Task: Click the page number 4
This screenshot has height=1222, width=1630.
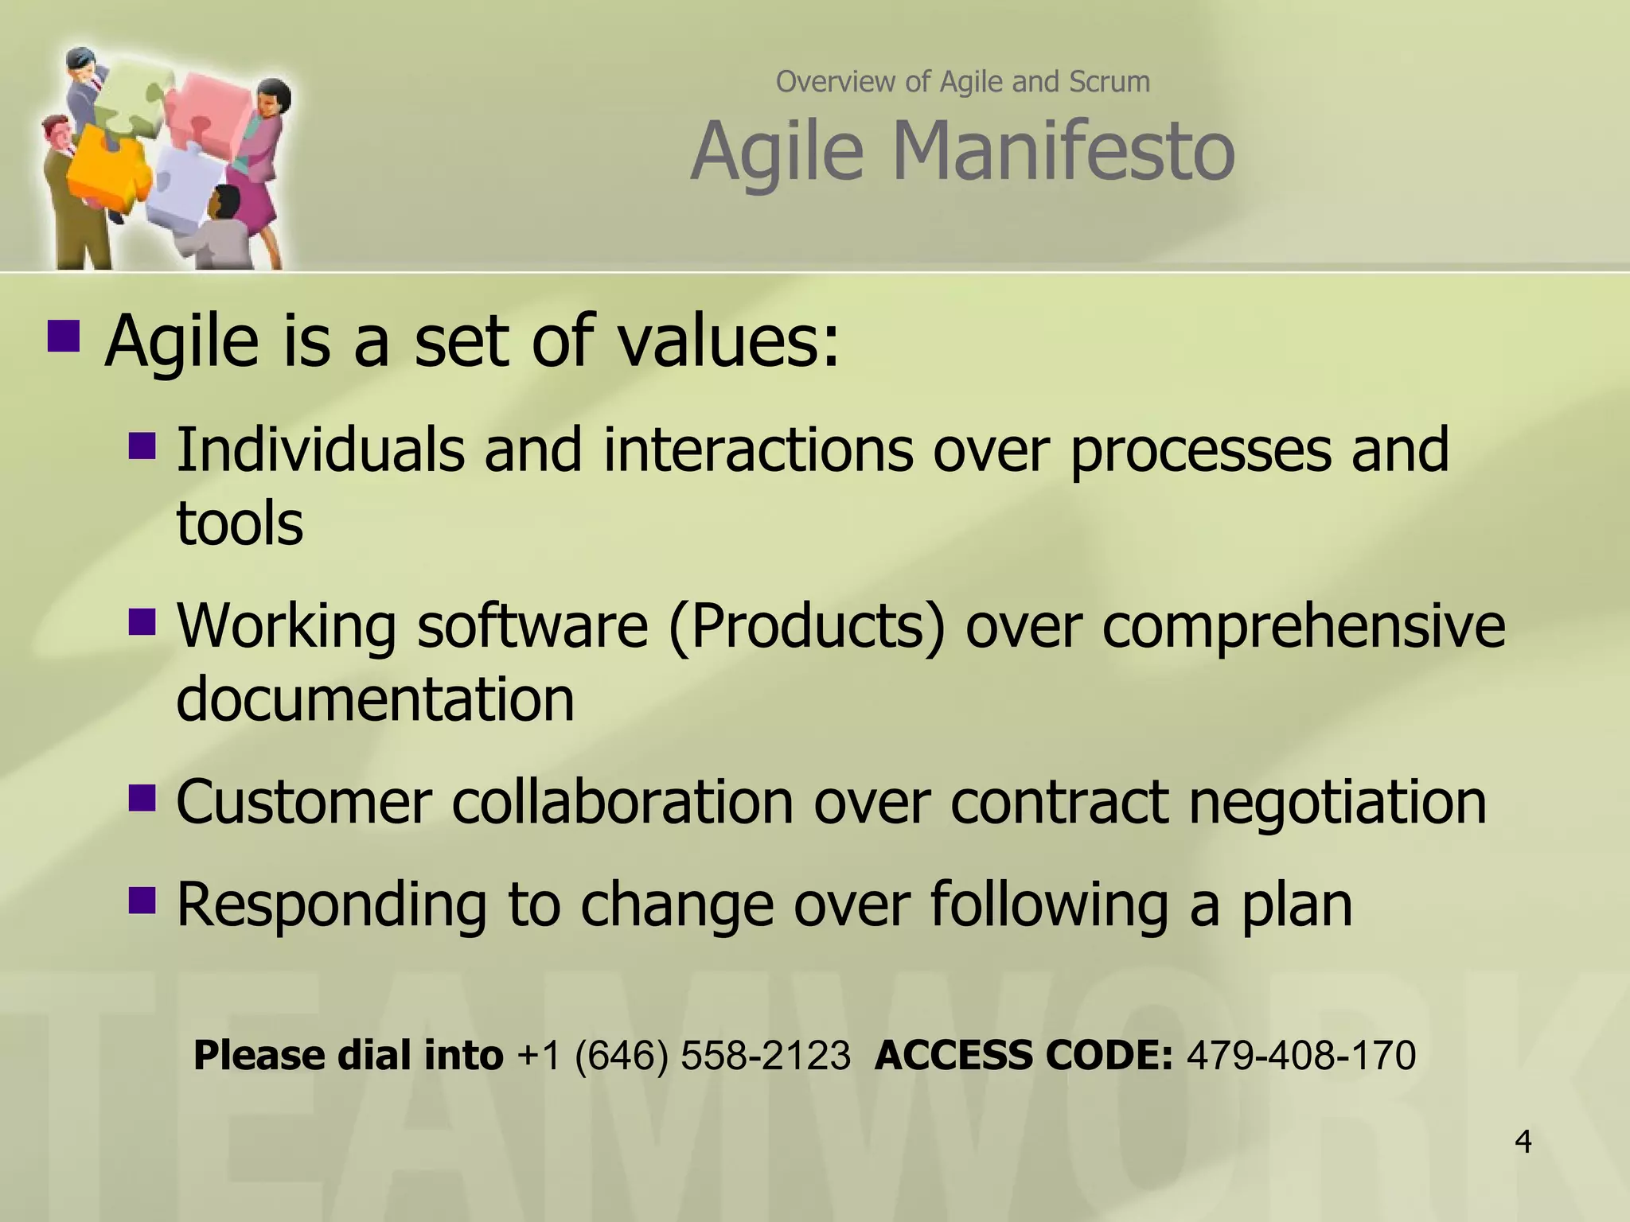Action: pyautogui.click(x=1523, y=1142)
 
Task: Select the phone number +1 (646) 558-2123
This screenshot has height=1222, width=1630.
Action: pyautogui.click(x=684, y=1056)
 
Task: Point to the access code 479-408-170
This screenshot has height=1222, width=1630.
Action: pyautogui.click(x=1301, y=1056)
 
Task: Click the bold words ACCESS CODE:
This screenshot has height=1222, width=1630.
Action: pyautogui.click(x=1023, y=1056)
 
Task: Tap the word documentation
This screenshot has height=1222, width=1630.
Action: pyautogui.click(x=375, y=699)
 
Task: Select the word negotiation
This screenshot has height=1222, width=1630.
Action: pyautogui.click(x=1337, y=801)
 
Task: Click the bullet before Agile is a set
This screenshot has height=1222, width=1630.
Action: pyautogui.click(x=64, y=336)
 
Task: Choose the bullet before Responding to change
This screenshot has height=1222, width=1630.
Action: pyautogui.click(x=142, y=900)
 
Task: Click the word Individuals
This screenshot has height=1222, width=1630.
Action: pyautogui.click(x=319, y=449)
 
